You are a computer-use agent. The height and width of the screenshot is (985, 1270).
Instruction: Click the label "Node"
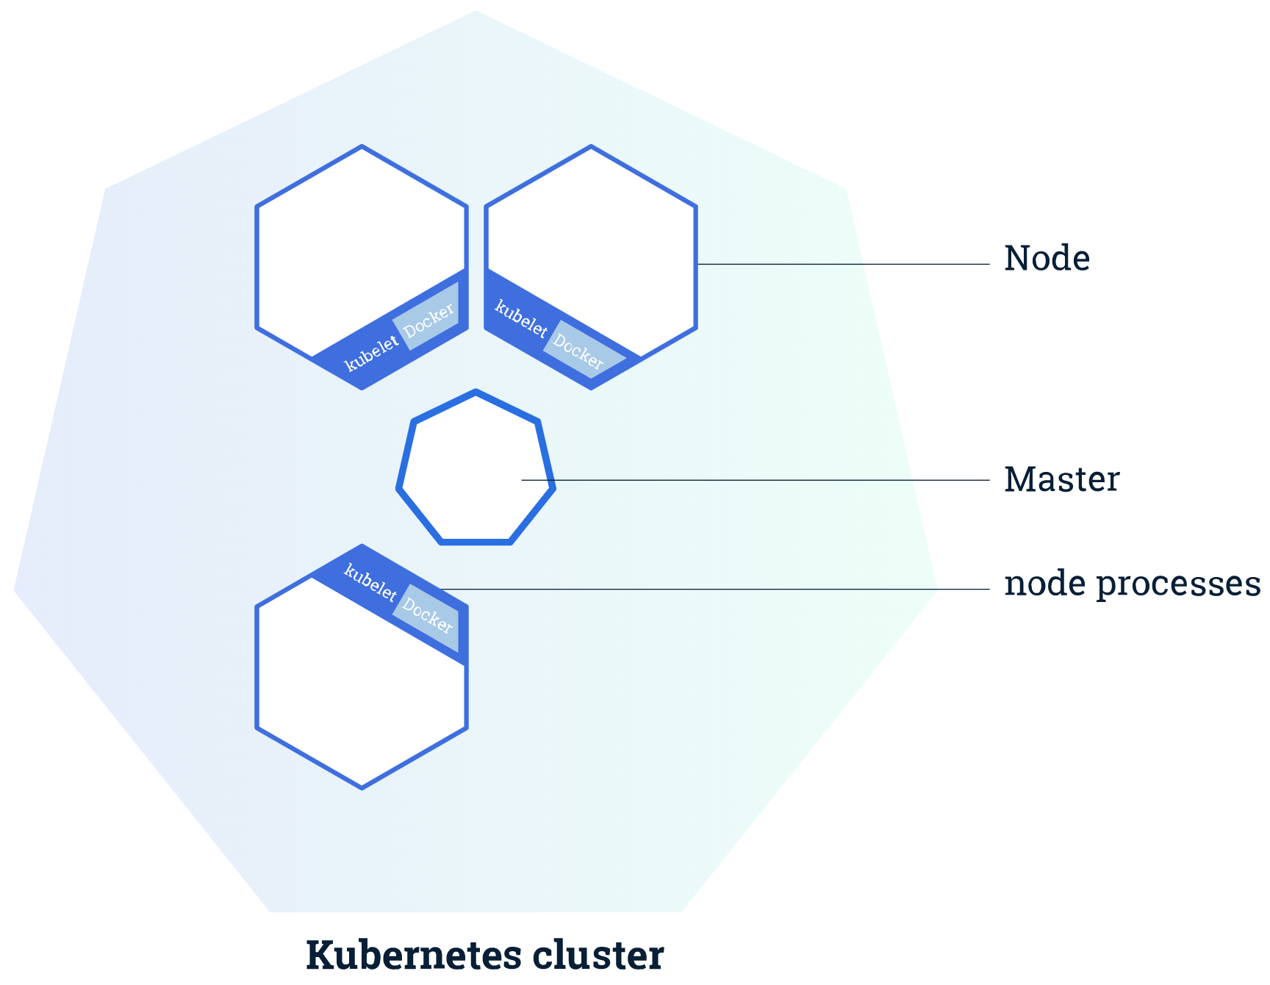click(1047, 259)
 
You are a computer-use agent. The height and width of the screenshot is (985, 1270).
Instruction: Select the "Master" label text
click(1061, 480)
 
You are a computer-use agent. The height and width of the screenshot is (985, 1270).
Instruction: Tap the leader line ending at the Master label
click(757, 480)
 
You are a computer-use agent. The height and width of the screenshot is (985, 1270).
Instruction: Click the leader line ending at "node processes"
click(713, 589)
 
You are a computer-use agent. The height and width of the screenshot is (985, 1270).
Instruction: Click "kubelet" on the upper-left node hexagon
click(372, 353)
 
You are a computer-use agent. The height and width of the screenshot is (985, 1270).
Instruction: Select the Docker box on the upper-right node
click(581, 351)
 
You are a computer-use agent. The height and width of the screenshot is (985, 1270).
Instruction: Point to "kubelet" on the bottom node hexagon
click(370, 582)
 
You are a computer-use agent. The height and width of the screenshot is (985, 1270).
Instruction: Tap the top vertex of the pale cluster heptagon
click(476, 12)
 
